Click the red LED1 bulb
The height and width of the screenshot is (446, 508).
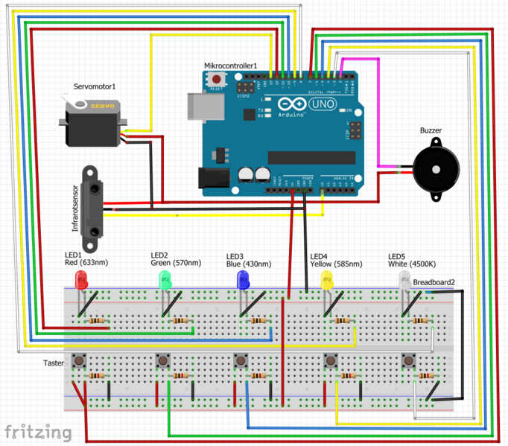(81, 280)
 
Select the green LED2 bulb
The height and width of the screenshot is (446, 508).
(164, 280)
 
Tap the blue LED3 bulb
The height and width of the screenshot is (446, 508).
(243, 280)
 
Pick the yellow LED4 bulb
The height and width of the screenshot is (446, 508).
(326, 280)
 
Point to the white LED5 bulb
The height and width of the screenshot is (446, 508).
(404, 280)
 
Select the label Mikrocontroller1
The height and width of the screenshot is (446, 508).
(230, 66)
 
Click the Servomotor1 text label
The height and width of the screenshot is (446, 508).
(94, 87)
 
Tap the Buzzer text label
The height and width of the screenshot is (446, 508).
(431, 130)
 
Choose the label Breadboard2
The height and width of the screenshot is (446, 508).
(434, 282)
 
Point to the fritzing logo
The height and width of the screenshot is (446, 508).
(38, 431)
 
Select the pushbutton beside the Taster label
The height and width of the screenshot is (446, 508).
(78, 362)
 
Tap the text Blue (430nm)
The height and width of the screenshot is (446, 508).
(249, 264)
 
